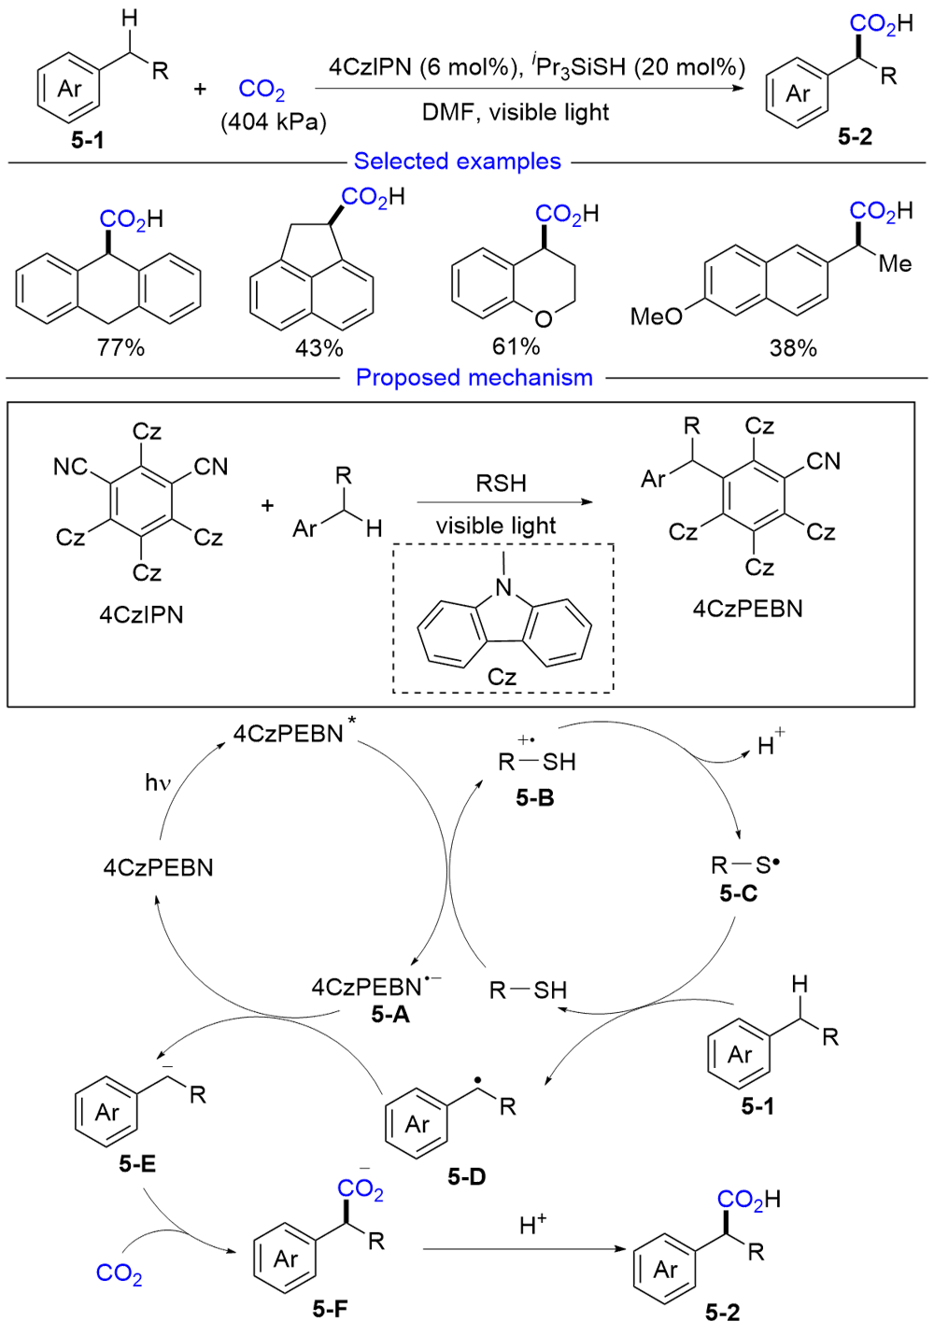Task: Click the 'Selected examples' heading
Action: [x=457, y=162]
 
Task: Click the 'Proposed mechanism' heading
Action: [x=474, y=378]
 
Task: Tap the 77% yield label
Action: [x=120, y=348]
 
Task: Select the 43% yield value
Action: [x=318, y=349]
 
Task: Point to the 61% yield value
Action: [x=516, y=347]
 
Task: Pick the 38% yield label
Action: [x=792, y=349]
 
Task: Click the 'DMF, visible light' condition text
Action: [x=516, y=113]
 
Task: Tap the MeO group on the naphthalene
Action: [x=656, y=317]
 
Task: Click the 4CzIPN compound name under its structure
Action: [x=141, y=615]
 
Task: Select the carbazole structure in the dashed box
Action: [x=503, y=625]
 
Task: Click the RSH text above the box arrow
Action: [x=501, y=484]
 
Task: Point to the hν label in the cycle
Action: [x=158, y=782]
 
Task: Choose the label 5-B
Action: [x=534, y=798]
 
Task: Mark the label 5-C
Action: [x=738, y=894]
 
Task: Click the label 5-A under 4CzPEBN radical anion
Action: [x=389, y=1015]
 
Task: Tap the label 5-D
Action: [x=466, y=1177]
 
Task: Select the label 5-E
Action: [x=137, y=1164]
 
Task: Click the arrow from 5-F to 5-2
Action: [x=523, y=1249]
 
